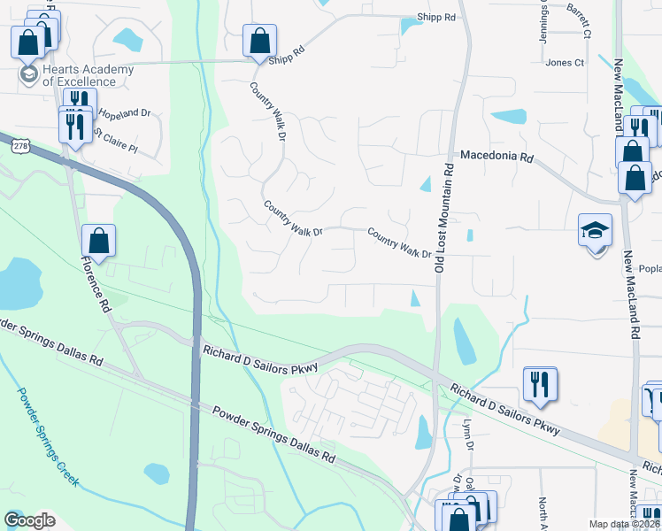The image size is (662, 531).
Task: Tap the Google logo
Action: click(x=29, y=519)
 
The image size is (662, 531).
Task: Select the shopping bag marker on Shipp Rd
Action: click(x=260, y=41)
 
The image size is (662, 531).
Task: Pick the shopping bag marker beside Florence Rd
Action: click(x=98, y=240)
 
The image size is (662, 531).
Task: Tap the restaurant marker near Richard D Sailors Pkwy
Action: click(x=540, y=383)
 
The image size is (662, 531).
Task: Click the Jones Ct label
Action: click(x=565, y=63)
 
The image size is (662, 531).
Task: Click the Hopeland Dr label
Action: click(x=124, y=114)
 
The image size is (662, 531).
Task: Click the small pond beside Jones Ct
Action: click(x=508, y=116)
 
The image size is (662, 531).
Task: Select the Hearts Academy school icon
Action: click(x=29, y=73)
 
